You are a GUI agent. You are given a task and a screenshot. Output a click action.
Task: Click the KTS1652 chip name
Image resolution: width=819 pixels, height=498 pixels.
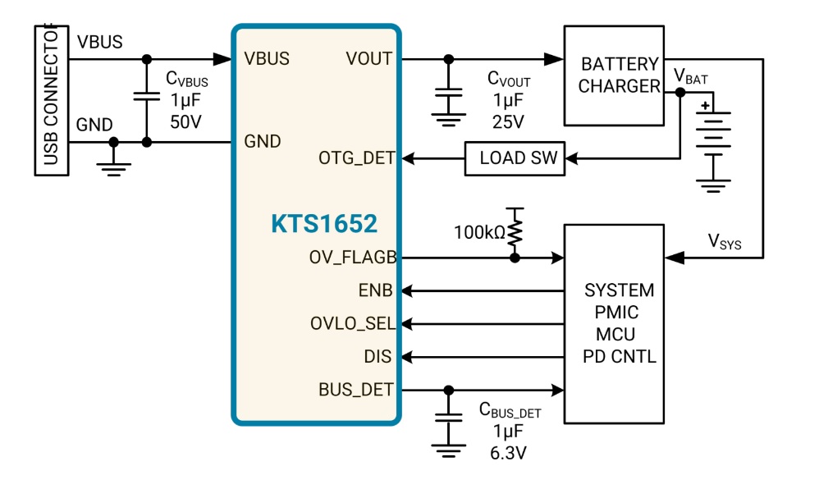tap(324, 223)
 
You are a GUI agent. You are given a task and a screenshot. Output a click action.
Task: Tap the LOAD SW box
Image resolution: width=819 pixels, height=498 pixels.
tap(515, 158)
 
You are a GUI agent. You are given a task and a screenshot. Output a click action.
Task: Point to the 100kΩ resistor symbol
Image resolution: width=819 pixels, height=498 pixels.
tap(515, 231)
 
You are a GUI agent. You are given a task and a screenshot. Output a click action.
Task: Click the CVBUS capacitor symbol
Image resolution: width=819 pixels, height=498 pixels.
tap(147, 97)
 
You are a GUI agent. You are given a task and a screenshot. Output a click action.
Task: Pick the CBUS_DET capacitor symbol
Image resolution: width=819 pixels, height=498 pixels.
tap(448, 418)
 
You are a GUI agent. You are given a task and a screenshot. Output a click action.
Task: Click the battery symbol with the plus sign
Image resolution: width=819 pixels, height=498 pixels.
tap(713, 134)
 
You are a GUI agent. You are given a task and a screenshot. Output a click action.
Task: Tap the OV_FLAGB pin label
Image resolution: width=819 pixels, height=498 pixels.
tap(353, 258)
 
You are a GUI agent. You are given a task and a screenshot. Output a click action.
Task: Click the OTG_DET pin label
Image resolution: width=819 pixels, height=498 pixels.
tap(356, 158)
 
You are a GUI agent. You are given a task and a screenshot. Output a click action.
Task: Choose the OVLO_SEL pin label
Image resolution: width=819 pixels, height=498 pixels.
tap(353, 323)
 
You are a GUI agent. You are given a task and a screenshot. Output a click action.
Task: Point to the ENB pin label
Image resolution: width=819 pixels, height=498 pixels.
tap(375, 290)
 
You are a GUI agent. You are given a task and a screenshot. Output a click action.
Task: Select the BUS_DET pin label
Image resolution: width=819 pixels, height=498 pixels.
tap(355, 390)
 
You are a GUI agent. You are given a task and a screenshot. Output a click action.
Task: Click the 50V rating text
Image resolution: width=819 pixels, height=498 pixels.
tap(185, 122)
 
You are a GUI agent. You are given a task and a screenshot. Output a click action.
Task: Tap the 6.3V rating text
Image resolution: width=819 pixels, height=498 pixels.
tap(508, 453)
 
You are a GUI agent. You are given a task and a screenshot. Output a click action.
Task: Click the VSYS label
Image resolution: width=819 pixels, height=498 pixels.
tap(725, 242)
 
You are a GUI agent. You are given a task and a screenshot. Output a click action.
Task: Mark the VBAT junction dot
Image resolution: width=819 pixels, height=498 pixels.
tap(680, 93)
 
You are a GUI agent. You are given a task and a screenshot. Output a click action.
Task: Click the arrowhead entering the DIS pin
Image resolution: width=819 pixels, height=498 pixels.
tap(407, 357)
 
